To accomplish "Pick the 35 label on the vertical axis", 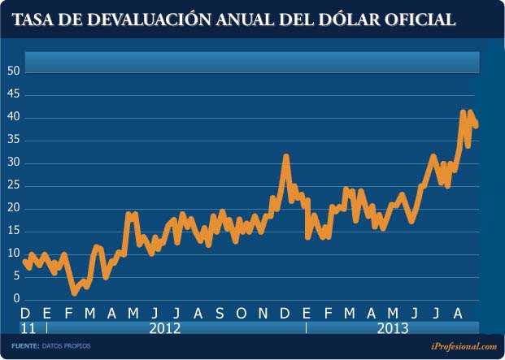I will coord(12,140).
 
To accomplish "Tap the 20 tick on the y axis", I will coord(12,208).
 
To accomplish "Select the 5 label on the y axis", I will coord(15,276).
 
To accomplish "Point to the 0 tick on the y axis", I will coord(15,300).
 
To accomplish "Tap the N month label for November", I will coord(263,314).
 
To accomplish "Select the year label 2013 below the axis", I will coord(394,327).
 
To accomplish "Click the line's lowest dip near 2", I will coord(74,291).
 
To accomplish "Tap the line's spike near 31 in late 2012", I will coord(285,156).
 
